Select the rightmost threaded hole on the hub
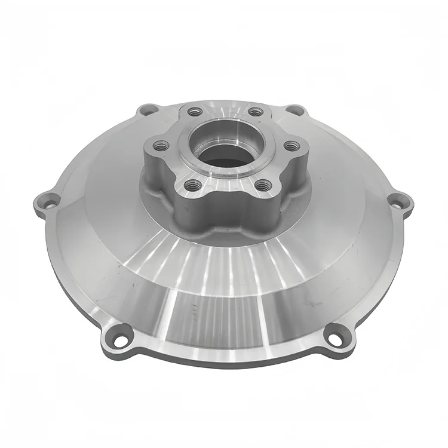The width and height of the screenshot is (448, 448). pyautogui.click(x=291, y=145)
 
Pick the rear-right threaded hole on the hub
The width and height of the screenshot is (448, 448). pyautogui.click(x=255, y=111)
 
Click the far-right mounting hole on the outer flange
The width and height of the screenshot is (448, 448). pyautogui.click(x=399, y=201)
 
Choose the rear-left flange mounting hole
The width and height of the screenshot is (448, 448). pyautogui.click(x=147, y=110)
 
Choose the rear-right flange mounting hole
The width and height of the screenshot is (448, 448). pyautogui.click(x=295, y=110)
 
